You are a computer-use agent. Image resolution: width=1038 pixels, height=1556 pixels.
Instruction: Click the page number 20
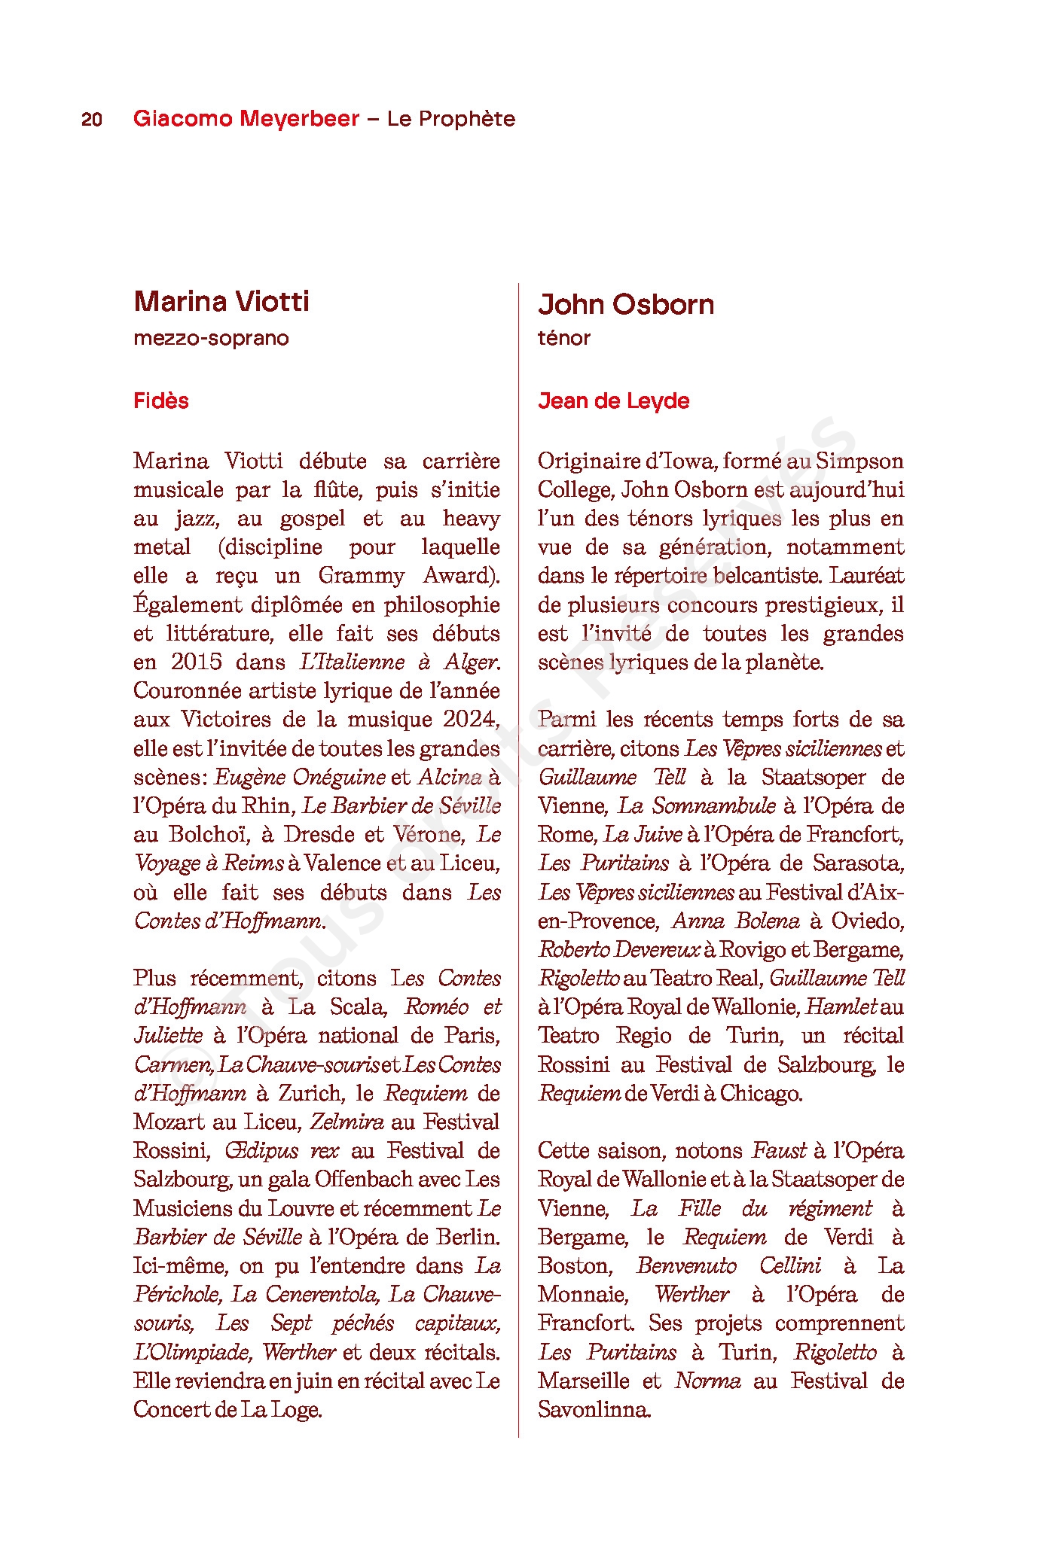coord(92,120)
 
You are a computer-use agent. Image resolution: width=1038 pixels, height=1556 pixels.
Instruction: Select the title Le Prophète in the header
coord(450,119)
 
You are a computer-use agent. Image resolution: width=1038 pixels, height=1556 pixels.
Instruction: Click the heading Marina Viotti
coord(221,301)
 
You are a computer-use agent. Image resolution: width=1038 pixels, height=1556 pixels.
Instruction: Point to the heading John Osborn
coord(626,305)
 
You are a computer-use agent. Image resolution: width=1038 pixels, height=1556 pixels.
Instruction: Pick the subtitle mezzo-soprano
coord(211,338)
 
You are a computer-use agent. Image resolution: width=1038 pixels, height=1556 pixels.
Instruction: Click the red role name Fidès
coord(161,400)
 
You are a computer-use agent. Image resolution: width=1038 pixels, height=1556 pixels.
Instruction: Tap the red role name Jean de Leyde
coord(613,400)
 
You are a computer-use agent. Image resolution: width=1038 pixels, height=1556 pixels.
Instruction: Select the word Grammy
coord(361,576)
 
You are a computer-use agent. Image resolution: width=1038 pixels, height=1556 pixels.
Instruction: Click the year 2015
coord(196,662)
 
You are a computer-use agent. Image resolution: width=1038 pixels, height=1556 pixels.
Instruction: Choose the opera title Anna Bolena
coord(735,921)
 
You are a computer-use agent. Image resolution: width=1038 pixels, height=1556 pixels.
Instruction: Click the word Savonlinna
coord(594,1409)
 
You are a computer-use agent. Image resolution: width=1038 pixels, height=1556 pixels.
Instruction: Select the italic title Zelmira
coord(347,1122)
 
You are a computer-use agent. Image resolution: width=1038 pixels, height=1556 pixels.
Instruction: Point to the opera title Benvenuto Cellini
coord(729,1265)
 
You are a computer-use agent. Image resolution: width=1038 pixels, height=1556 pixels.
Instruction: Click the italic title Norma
coord(708,1381)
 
